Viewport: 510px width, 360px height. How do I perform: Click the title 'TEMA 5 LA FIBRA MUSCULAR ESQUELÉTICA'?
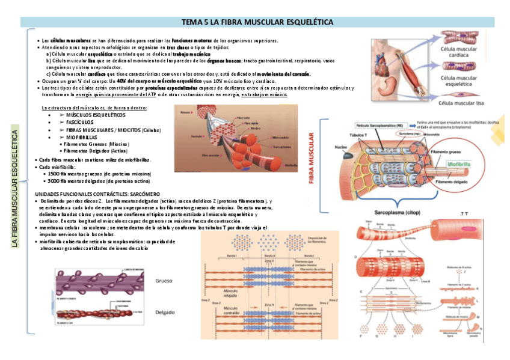(257, 22)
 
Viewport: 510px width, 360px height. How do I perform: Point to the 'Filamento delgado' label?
(452, 182)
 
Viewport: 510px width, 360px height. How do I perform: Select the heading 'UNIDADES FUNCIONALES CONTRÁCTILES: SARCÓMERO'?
(97, 194)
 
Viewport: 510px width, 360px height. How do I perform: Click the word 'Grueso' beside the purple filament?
(164, 281)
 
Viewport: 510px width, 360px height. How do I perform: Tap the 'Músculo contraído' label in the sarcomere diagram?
(232, 311)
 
